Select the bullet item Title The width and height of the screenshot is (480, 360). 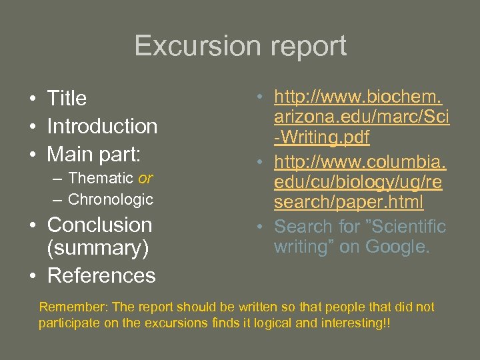[67, 99]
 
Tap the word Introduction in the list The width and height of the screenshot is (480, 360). [102, 126]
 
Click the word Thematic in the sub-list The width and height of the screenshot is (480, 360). [101, 179]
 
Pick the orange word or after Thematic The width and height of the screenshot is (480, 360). [145, 179]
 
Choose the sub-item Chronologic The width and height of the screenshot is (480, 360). [111, 199]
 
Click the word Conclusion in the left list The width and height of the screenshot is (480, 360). [100, 225]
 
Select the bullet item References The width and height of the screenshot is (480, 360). [101, 275]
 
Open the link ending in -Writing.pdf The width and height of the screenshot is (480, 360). [322, 138]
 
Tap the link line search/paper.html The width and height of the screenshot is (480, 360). [348, 201]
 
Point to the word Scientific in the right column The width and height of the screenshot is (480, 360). [403, 226]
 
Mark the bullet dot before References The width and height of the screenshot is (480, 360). [32, 276]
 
